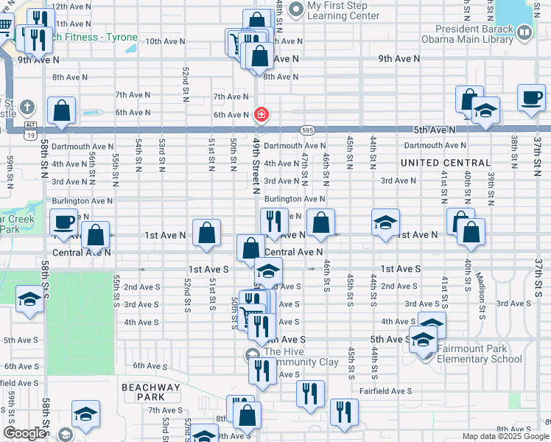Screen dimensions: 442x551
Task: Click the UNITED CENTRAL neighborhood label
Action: pyautogui.click(x=445, y=162)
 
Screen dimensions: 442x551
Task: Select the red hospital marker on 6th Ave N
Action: pyautogui.click(x=261, y=114)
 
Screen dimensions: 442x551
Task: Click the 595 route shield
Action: pyautogui.click(x=308, y=130)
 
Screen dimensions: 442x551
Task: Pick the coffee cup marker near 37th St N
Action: pyautogui.click(x=530, y=98)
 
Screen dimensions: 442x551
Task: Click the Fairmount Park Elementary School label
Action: pyautogui.click(x=480, y=354)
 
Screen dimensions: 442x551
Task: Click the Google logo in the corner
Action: pyautogui.click(x=25, y=434)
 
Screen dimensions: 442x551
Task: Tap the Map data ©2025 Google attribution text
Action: pyautogui.click(x=505, y=436)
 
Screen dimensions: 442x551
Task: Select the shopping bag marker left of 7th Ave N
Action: pyautogui.click(x=62, y=110)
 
